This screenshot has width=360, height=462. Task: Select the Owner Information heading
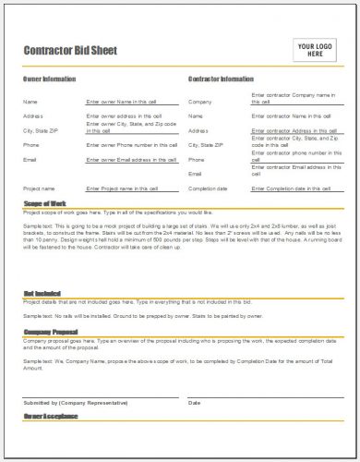pyautogui.click(x=49, y=79)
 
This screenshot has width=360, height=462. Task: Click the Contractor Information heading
pyautogui.click(x=222, y=79)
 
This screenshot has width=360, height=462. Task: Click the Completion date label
pyautogui.click(x=210, y=188)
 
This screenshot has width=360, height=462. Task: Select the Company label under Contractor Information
pyautogui.click(x=200, y=101)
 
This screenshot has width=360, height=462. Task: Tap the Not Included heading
pyautogui.click(x=41, y=293)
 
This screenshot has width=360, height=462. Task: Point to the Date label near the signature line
pyautogui.click(x=194, y=402)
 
